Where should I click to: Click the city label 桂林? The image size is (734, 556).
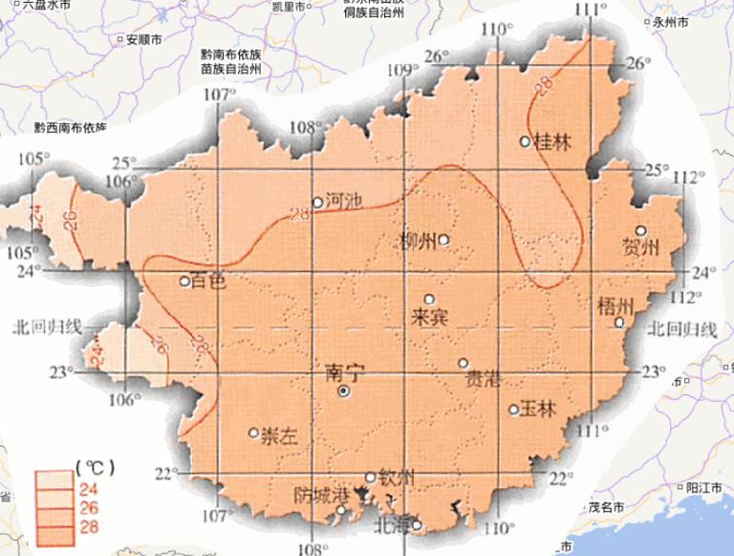click(553, 143)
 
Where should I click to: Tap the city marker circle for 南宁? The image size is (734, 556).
click(343, 391)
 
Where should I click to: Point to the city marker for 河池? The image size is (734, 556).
click(318, 202)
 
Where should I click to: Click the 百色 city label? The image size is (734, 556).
click(208, 282)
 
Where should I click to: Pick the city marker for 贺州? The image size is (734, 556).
click(641, 230)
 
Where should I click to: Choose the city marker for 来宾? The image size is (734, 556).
click(429, 299)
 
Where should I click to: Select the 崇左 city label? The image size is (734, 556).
click(280, 434)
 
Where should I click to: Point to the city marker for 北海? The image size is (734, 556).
click(417, 524)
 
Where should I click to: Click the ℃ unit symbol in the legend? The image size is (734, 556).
click(95, 467)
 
